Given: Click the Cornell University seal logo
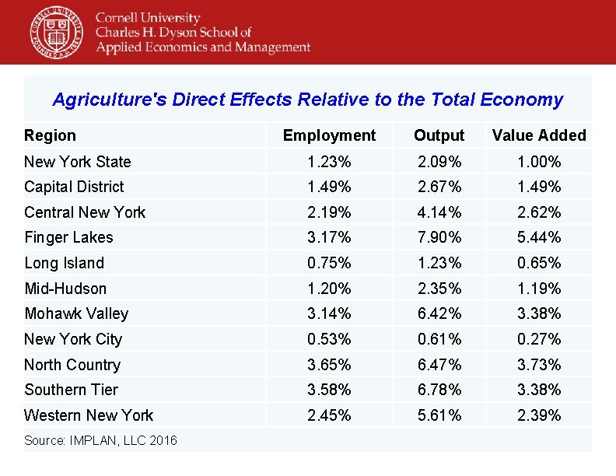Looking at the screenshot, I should [x=57, y=32].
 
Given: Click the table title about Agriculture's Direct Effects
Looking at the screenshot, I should [x=307, y=100].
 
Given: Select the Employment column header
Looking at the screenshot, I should [x=329, y=135].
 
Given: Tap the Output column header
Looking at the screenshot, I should [x=439, y=135].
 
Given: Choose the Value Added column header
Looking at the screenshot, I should [x=539, y=135].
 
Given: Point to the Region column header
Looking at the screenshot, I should [x=51, y=135].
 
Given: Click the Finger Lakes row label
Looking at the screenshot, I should [x=68, y=237].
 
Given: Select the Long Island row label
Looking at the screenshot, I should [x=64, y=263].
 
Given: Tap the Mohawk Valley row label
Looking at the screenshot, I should [x=76, y=313].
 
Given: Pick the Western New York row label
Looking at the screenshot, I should [x=89, y=415].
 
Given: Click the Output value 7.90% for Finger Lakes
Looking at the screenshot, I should [x=439, y=237].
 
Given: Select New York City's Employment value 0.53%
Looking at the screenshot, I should [x=329, y=339].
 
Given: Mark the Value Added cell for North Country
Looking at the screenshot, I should [x=539, y=365].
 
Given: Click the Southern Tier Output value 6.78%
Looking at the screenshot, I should [x=439, y=390].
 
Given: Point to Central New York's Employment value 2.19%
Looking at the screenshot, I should [x=329, y=212].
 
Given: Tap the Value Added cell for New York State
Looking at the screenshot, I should [x=539, y=162].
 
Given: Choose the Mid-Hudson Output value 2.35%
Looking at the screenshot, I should [x=439, y=289].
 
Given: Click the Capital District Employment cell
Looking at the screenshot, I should [x=329, y=187].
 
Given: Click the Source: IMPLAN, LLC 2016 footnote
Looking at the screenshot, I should [x=100, y=441].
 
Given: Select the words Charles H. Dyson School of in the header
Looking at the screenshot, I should [x=173, y=32].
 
